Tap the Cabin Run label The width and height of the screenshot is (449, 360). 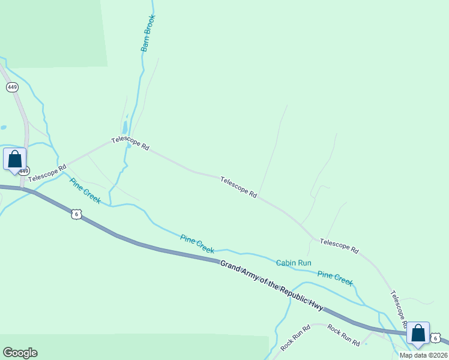tap(294, 263)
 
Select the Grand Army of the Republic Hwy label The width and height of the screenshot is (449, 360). tap(271, 285)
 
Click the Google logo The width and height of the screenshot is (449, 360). tap(20, 353)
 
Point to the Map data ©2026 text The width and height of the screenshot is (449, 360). tap(424, 355)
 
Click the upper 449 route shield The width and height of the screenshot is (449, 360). tap(12, 87)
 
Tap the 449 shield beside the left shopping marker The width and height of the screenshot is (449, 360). tap(23, 171)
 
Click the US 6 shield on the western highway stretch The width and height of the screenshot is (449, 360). tap(75, 214)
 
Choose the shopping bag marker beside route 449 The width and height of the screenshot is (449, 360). tap(14, 160)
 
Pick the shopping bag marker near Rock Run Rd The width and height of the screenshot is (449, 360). tap(418, 334)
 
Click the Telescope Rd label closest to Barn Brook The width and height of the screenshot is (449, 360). tap(130, 144)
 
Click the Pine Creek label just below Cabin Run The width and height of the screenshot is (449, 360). tap(335, 278)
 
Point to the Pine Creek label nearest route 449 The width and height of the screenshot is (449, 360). tap(85, 191)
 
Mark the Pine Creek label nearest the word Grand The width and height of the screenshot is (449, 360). tap(197, 243)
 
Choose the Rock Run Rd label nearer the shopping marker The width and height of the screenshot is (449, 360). tap(343, 338)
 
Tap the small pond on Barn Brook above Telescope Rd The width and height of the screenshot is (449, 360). tap(125, 127)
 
